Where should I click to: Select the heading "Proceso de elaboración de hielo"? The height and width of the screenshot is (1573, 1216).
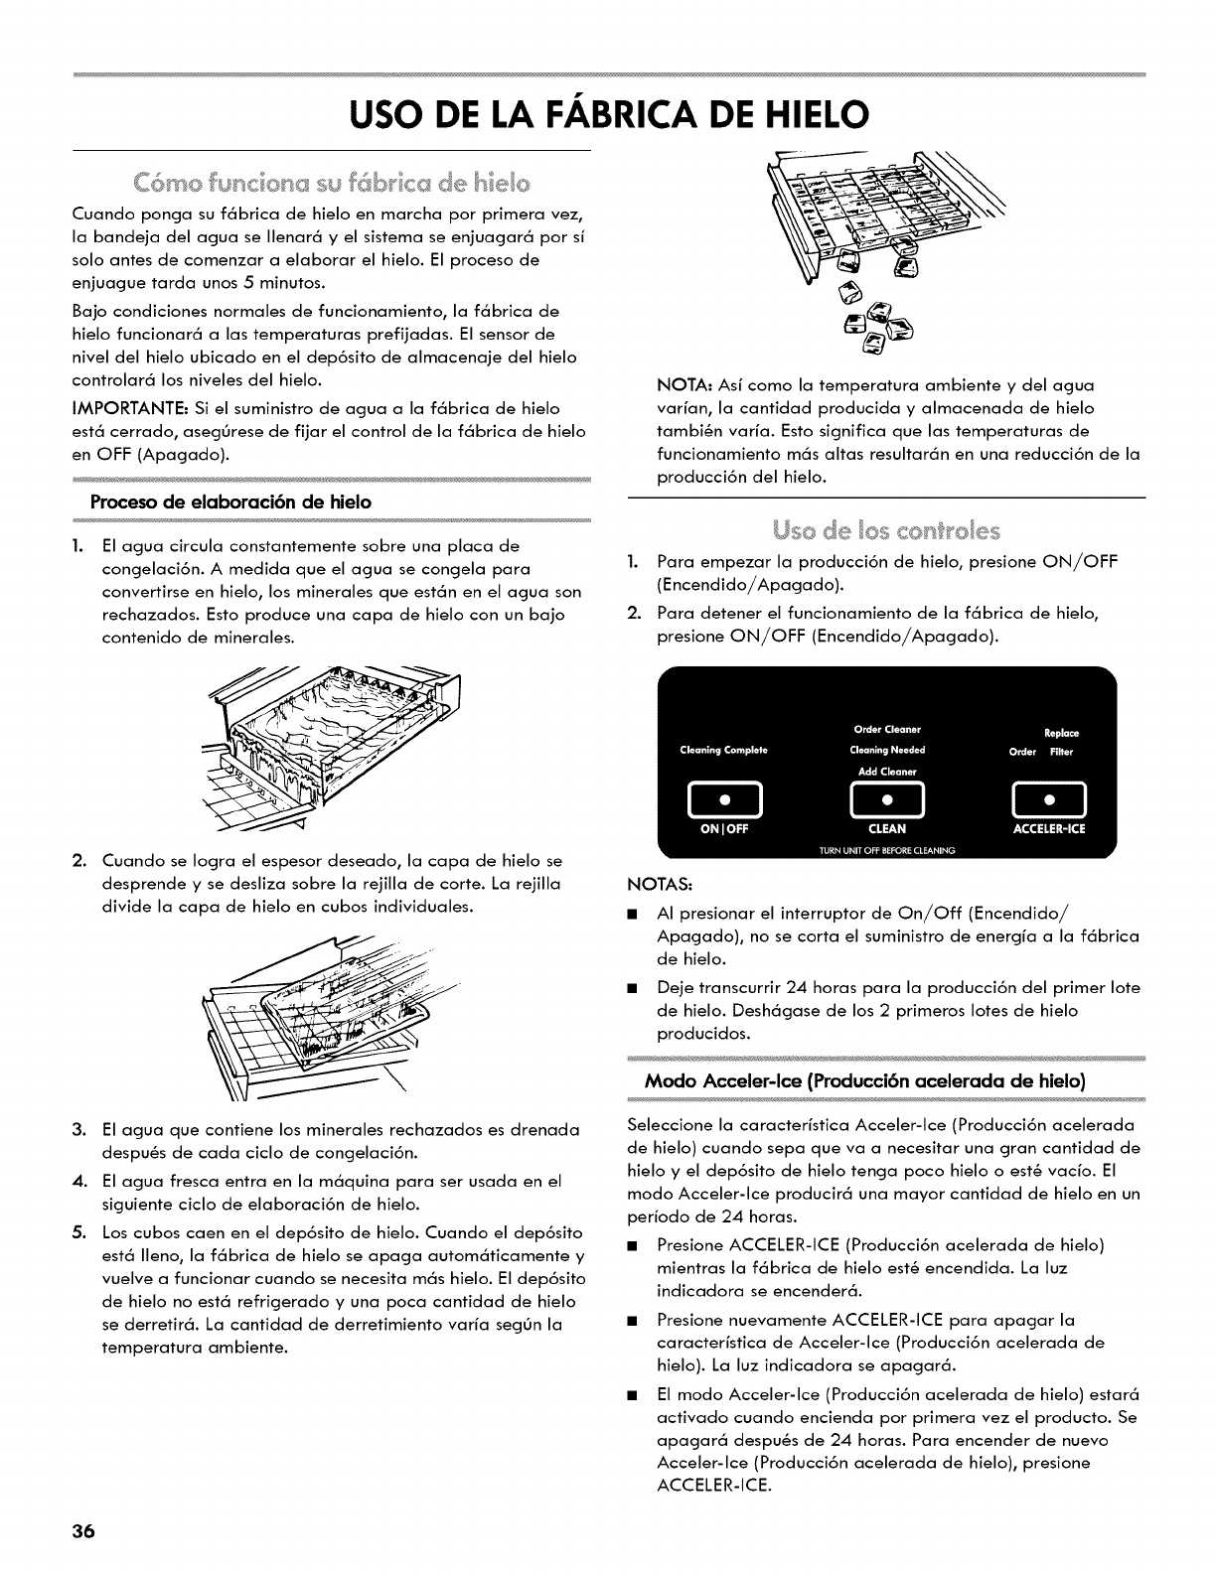click(230, 502)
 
